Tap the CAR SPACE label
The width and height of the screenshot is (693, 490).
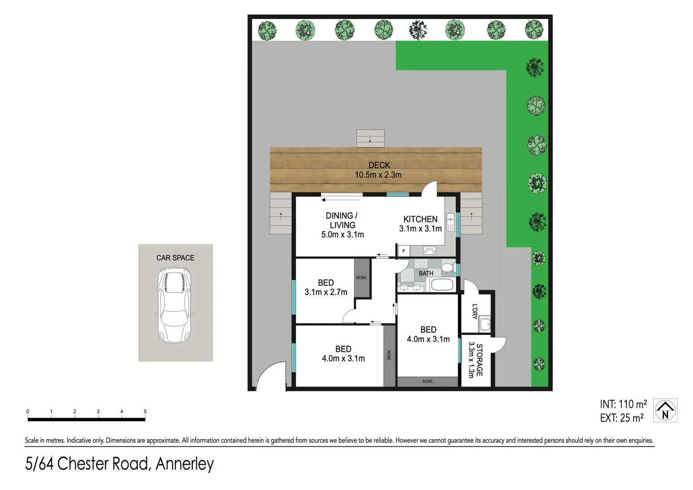pyautogui.click(x=175, y=258)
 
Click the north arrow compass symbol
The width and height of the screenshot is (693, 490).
pyautogui.click(x=665, y=411)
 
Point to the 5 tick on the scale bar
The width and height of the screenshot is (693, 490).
pyautogui.click(x=145, y=412)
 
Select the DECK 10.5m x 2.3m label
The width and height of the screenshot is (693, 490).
pyautogui.click(x=378, y=170)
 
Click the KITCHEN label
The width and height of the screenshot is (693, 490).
pyautogui.click(x=420, y=219)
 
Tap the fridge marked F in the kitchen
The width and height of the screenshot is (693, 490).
pyautogui.click(x=404, y=251)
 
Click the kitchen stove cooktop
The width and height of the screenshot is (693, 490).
pyautogui.click(x=429, y=250)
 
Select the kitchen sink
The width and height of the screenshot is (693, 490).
pyautogui.click(x=450, y=222)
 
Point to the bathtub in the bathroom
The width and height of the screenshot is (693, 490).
pyautogui.click(x=441, y=285)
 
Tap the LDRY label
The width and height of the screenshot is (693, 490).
pyautogui.click(x=475, y=311)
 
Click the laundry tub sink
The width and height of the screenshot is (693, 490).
pyautogui.click(x=485, y=324)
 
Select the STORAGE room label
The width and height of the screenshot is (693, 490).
pyautogui.click(x=475, y=360)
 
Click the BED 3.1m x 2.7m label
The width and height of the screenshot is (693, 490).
pyautogui.click(x=326, y=288)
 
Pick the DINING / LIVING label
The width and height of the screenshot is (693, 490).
pyautogui.click(x=342, y=225)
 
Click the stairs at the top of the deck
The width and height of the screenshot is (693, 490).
pyautogui.click(x=370, y=138)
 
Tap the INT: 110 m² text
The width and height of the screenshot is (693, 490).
pyautogui.click(x=623, y=404)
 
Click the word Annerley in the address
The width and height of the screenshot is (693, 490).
pyautogui.click(x=185, y=464)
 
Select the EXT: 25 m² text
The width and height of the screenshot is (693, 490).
pyautogui.click(x=621, y=418)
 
